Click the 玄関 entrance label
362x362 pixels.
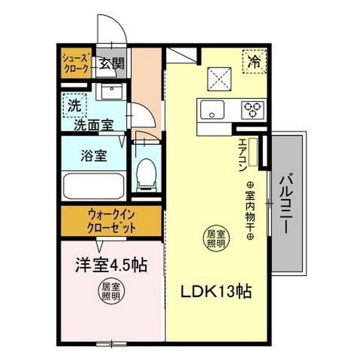click(x=111, y=63)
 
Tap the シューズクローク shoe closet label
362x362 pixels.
click(x=75, y=63)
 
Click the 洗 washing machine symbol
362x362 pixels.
click(x=74, y=104)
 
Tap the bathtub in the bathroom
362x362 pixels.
click(x=93, y=186)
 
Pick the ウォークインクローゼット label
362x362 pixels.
click(x=111, y=222)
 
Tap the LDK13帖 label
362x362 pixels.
click(x=216, y=292)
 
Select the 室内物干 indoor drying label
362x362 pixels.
click(x=249, y=209)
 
